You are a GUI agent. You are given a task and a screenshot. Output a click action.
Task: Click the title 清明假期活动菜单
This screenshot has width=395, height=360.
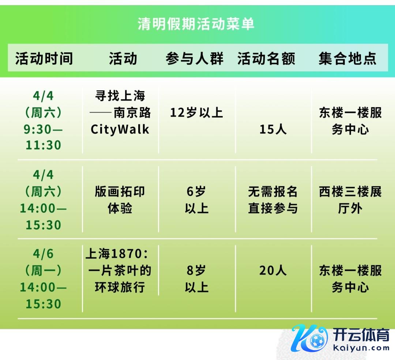coord(196,24)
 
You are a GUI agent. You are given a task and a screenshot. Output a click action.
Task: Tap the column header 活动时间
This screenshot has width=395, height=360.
coord(44,58)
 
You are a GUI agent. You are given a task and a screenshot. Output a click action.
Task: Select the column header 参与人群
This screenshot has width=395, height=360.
coord(195,58)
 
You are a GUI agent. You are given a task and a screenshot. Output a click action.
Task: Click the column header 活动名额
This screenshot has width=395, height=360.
coord(266,58)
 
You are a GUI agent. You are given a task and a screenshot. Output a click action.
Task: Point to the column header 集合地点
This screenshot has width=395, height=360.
coord(348,58)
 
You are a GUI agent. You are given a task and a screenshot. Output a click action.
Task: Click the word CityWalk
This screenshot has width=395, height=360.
coord(120,129)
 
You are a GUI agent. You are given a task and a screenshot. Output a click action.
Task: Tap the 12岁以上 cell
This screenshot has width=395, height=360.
coord(196,113)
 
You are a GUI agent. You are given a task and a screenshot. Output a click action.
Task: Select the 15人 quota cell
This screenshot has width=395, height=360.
coord(273,129)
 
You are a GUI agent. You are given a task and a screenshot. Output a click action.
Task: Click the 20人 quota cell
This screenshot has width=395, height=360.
coord(273,270)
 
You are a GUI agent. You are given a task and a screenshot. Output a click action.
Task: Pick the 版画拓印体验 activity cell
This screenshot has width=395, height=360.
coord(120,200)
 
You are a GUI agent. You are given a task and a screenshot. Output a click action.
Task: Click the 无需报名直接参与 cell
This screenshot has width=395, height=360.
coord(273,200)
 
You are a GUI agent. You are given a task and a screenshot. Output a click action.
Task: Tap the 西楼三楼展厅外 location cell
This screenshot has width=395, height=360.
coord(350,200)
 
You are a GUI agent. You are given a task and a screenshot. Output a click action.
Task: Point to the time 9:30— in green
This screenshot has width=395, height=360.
coord(43,129)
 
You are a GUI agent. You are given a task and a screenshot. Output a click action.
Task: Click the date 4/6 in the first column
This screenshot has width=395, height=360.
coord(43,254)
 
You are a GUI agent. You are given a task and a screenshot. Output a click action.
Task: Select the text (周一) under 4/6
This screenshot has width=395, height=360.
coord(43,270)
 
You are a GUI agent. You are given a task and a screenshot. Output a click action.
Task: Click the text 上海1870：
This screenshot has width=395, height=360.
coord(117,254)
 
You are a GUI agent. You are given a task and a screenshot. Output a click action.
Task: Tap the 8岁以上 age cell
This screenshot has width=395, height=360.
coord(196,279)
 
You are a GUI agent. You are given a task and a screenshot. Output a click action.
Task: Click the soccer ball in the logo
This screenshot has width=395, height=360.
coord(318,341)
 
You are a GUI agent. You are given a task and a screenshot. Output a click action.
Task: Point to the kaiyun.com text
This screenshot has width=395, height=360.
coord(361,348)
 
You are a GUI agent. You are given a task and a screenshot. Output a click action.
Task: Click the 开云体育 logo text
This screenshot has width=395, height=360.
coord(361,335)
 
